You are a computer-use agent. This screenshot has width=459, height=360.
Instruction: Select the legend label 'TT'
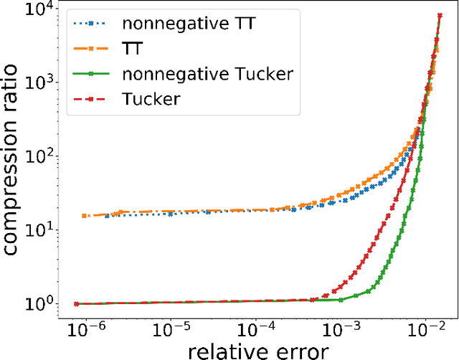[134, 48]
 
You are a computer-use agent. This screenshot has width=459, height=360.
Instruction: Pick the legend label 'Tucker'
[151, 98]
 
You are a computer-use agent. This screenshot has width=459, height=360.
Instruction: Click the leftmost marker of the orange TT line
[85, 216]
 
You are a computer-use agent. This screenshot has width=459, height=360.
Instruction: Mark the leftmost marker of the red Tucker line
[77, 304]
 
